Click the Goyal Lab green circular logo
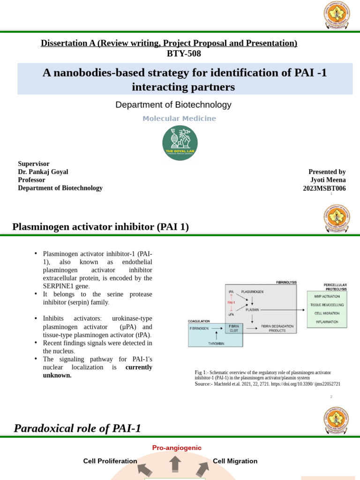tap(180, 142)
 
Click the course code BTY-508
tap(184, 54)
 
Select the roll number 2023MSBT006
tap(324, 188)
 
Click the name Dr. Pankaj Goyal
tap(39, 172)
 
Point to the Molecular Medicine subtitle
tap(180, 119)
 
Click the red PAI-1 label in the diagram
tap(231, 303)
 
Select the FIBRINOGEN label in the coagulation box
tap(199, 329)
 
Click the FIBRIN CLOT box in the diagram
tap(234, 328)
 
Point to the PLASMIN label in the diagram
tap(252, 309)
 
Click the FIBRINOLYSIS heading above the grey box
tap(286, 283)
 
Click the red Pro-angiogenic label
tap(177, 448)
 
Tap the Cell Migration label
tap(235, 461)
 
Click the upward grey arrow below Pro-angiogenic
tap(175, 464)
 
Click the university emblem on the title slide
tap(337, 15)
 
